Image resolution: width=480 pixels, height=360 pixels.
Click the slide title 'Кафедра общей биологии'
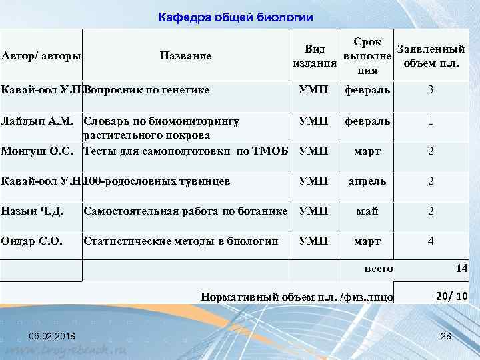[236, 16]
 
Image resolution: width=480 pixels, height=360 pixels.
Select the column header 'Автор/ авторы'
[41, 55]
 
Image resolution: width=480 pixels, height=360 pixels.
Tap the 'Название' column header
[186, 55]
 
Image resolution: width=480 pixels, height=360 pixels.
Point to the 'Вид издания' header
[314, 55]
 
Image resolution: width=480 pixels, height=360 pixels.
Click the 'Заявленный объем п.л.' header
[431, 55]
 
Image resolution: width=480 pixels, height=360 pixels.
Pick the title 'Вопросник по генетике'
[146, 89]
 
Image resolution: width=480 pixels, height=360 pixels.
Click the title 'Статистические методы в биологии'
[181, 241]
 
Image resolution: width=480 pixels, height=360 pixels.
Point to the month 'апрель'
[367, 181]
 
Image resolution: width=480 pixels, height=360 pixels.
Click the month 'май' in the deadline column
[367, 211]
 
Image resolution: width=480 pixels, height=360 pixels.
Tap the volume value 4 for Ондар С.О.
[431, 241]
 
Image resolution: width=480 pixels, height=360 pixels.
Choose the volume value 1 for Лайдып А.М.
[431, 121]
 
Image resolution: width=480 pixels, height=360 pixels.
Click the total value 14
[461, 268]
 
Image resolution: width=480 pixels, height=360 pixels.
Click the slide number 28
[446, 335]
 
